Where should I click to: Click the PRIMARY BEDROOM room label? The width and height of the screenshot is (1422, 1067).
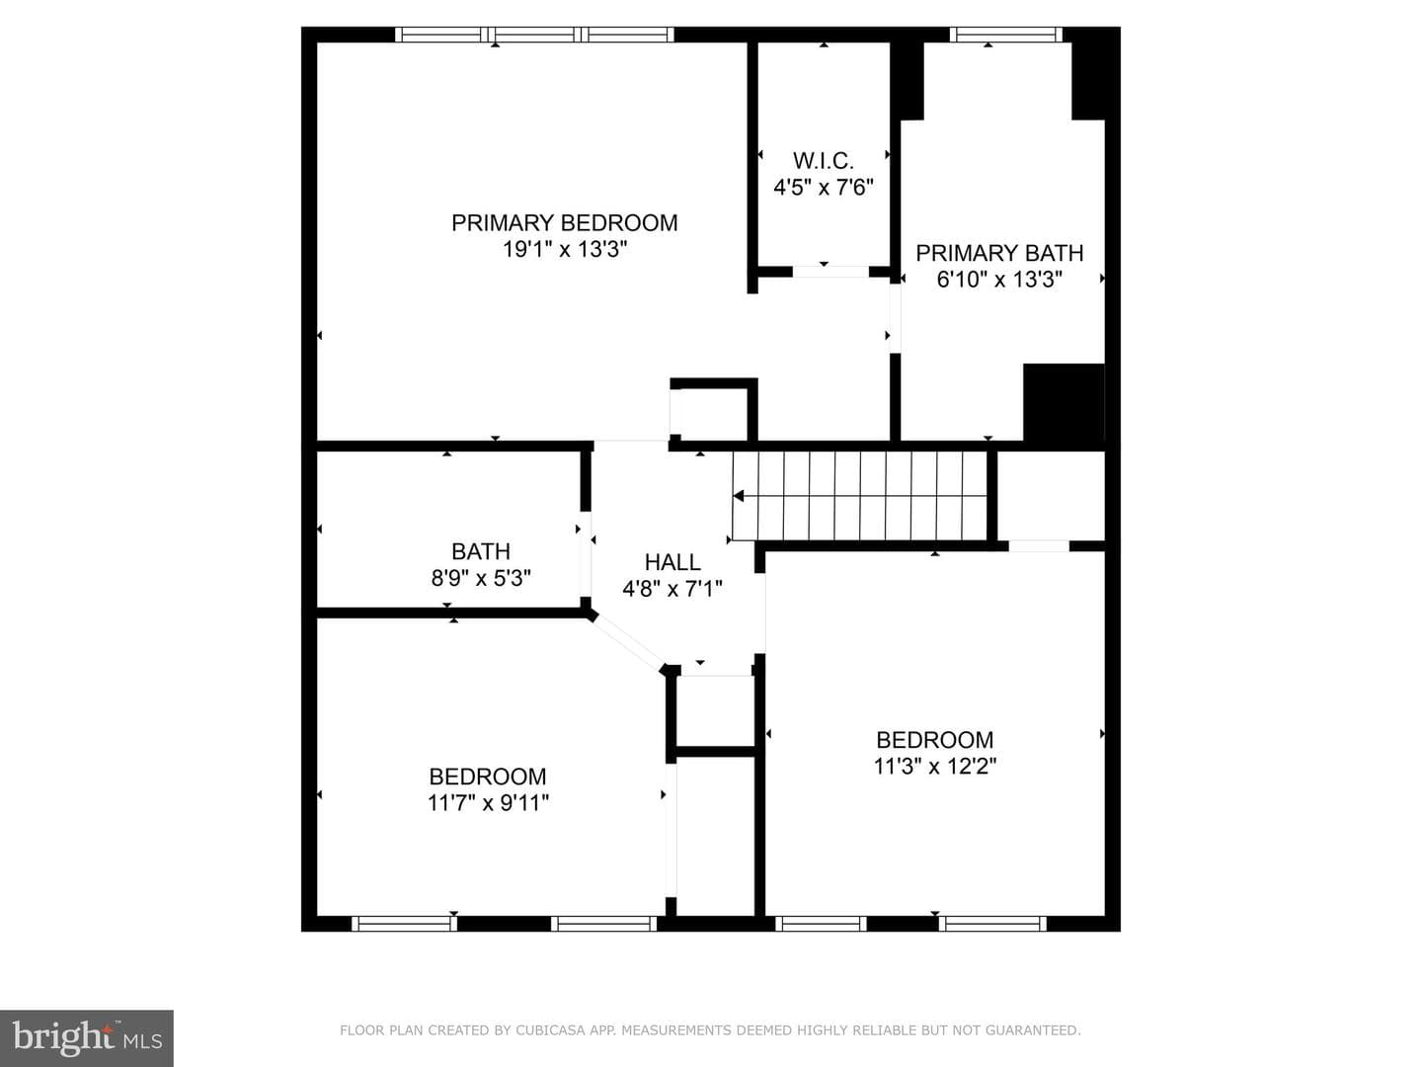coord(564,223)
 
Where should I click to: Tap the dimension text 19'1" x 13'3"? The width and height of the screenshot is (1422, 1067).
coord(565,249)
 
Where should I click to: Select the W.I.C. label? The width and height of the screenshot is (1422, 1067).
coord(824,161)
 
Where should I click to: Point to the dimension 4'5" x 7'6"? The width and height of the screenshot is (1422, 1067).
coord(824,188)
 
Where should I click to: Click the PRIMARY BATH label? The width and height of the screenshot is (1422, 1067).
coord(999,253)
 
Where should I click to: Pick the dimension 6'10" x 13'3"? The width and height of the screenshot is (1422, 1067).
coord(999,280)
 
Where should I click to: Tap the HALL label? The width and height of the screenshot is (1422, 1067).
coord(672,562)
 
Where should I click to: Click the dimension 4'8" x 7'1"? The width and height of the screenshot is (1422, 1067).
coord(672,589)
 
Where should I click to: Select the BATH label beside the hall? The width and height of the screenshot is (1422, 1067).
coord(481,551)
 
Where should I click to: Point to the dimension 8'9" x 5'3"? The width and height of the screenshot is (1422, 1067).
coord(481,578)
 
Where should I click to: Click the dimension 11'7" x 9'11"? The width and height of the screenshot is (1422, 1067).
coord(488,803)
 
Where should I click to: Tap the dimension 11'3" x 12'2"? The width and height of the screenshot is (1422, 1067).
coord(935,767)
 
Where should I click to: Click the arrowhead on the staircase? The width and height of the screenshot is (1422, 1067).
coord(739,496)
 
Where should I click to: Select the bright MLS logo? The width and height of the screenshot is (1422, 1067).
coord(87,1038)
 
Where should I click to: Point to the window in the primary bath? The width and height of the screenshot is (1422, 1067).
coord(1006,35)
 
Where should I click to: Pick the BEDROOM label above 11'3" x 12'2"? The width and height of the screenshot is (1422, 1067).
coord(935,740)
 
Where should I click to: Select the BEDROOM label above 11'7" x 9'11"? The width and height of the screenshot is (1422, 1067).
coord(488,777)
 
